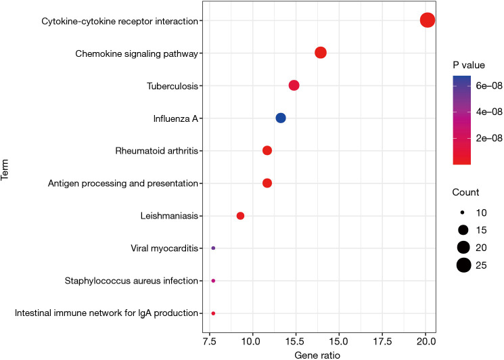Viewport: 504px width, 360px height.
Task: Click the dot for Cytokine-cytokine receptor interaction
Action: coord(427,20)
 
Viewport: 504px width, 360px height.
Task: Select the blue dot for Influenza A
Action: coord(281,118)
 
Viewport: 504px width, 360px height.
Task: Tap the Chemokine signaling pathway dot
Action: coord(321,53)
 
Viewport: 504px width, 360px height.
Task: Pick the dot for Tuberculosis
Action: coord(294,85)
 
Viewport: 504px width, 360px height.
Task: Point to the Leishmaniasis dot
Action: coord(240,216)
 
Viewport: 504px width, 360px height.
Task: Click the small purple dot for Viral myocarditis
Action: coord(213,248)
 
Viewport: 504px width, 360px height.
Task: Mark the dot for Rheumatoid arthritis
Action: coord(267,150)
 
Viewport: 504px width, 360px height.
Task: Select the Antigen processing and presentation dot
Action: coord(267,183)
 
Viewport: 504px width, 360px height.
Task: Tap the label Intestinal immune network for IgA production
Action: coord(107,313)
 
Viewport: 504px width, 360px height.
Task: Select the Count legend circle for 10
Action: coord(463,212)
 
